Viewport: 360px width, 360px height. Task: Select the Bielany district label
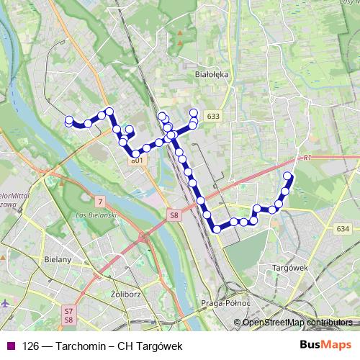click(57, 259)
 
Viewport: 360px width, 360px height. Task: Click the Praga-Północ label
click(225, 303)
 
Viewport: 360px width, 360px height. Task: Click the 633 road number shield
click(212, 115)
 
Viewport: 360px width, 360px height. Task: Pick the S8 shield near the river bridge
click(174, 215)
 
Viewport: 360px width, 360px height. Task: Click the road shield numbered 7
click(100, 200)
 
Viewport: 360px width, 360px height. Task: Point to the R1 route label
click(307, 157)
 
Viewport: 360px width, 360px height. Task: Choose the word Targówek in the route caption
click(158, 346)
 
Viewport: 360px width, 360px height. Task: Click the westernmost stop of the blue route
click(69, 122)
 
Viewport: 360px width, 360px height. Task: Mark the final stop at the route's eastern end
click(289, 176)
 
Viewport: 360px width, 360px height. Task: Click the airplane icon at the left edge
click(6, 302)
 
